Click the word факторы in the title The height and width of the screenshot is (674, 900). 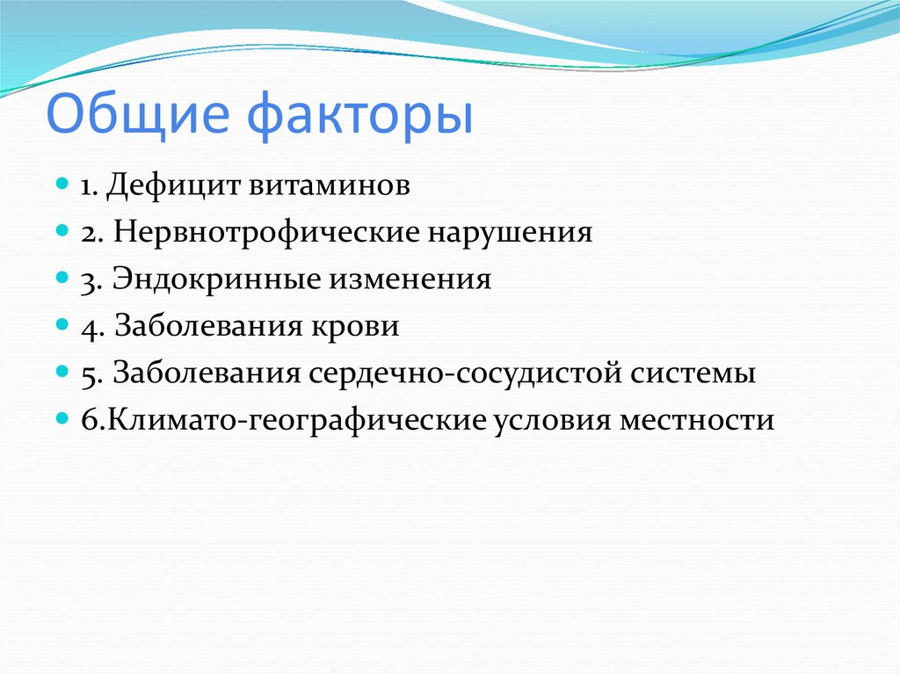point(359,118)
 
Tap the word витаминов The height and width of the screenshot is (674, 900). point(330,185)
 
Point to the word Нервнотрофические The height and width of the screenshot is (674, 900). point(266,233)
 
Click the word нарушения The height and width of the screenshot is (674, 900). point(510,233)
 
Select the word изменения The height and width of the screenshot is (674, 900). point(410,279)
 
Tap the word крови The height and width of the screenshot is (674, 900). point(355,327)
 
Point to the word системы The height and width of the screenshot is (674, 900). point(693,373)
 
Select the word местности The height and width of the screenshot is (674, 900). point(697,421)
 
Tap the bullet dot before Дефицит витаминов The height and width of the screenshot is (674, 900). point(62,185)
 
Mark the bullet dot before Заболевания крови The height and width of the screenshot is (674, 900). point(62,325)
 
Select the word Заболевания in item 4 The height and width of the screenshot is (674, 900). point(207,327)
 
